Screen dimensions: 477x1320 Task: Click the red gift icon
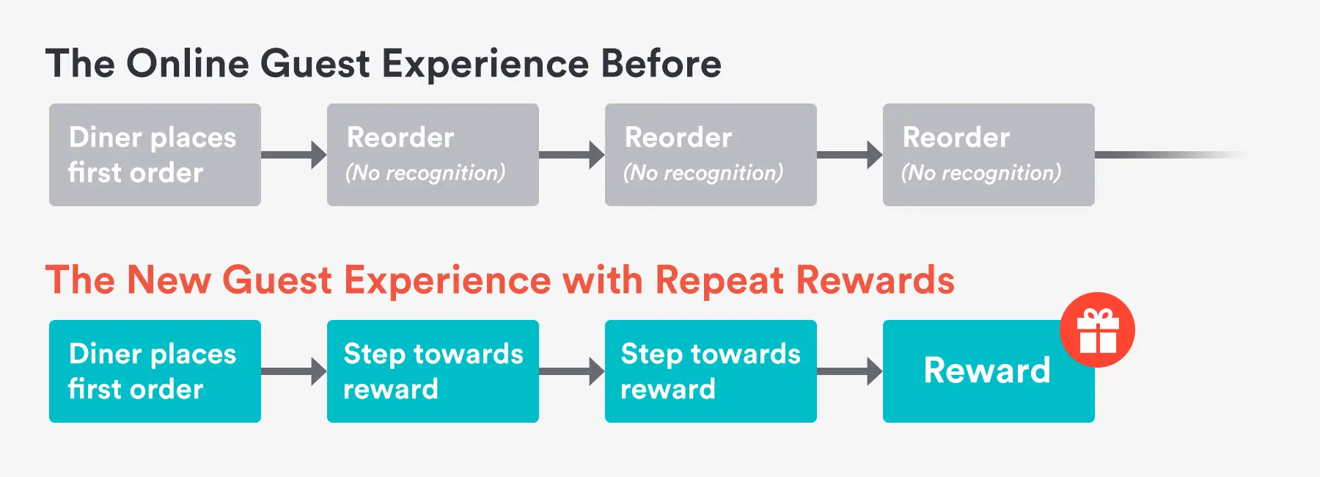pos(1097,329)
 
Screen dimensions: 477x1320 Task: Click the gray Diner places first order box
pos(155,155)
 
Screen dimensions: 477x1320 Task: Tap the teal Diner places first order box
pos(155,371)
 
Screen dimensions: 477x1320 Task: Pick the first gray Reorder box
pos(433,155)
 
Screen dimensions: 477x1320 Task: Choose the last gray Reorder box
pos(989,155)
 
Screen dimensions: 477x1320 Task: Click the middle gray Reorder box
pos(711,155)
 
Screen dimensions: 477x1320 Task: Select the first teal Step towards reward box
pos(433,371)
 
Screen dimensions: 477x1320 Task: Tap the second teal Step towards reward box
pos(711,371)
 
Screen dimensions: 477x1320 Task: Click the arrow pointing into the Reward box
pos(851,371)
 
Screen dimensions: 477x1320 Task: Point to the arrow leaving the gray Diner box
pos(294,155)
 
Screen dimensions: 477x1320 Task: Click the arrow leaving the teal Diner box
pos(294,371)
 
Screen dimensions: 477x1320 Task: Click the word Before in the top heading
pos(661,64)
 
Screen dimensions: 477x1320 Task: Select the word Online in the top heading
pos(188,64)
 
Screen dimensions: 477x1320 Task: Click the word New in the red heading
pos(168,280)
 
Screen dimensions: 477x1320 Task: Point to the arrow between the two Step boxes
pos(572,371)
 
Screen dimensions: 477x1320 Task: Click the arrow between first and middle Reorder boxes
pos(572,155)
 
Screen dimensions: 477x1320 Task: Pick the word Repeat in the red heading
pos(719,280)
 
